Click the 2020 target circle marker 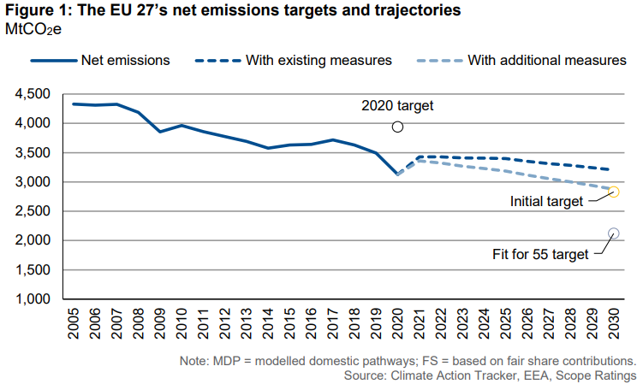pos(397,127)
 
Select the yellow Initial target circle pos(614,192)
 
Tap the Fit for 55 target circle pos(614,233)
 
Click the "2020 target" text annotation pos(398,106)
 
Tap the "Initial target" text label pos(546,201)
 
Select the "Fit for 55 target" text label pos(542,254)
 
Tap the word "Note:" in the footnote pos(197,361)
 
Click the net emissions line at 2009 pos(160,132)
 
